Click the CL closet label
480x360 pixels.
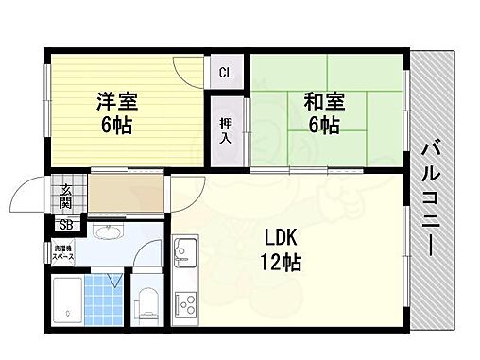(x=227, y=73)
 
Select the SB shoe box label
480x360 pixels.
(x=65, y=224)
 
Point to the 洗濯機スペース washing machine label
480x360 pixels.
(x=63, y=252)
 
